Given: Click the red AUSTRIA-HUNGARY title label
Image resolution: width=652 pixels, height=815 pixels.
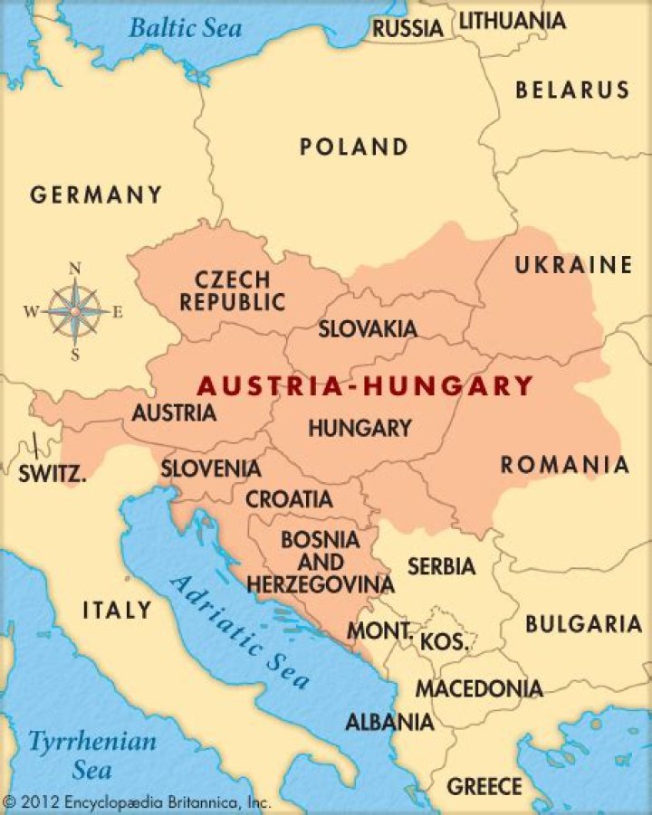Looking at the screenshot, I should pos(365,386).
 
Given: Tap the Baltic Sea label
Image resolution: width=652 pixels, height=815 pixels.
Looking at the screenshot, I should pos(185,27).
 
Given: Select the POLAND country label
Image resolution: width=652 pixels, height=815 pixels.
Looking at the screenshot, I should pos(354,147).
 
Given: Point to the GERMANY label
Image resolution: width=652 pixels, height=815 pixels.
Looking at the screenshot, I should pos(96,194).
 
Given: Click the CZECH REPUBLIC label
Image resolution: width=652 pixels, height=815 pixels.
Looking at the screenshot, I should pos(232,290).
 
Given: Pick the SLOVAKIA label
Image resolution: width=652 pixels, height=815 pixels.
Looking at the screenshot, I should pos(367,329).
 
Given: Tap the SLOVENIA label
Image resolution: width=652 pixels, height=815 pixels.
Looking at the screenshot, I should pos(211,469).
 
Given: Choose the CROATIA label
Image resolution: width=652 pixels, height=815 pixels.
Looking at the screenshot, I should pos(289,498).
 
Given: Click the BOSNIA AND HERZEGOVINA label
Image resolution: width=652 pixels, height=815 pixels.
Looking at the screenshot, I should pos(321,562).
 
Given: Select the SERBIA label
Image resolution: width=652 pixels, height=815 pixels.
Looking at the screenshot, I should pos(441,566).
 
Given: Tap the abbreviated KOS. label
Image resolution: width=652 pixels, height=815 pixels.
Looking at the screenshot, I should pos(444,642).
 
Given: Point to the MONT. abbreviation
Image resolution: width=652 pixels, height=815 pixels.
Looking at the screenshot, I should pos(380,630).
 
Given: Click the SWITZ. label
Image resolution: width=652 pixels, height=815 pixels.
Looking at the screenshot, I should pos(53,471).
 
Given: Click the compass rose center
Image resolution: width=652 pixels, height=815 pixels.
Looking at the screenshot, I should pos(75,311).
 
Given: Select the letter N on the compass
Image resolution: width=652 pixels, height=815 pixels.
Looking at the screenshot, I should pos(75,268).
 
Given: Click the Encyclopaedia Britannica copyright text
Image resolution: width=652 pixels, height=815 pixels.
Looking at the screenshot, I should pos(137,801).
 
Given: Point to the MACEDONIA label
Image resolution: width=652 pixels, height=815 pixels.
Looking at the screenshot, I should pos(479,688).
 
